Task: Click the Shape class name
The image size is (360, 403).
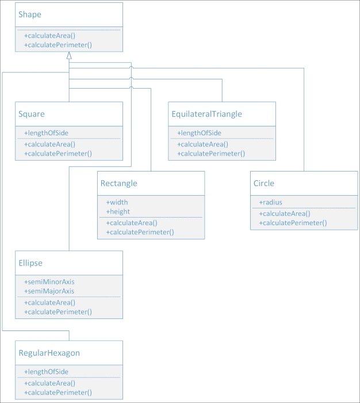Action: (30, 14)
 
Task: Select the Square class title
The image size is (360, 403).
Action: (32, 114)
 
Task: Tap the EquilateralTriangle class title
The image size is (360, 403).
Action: (206, 114)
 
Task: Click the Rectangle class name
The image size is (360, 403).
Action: (118, 184)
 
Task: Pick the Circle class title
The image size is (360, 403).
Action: (264, 184)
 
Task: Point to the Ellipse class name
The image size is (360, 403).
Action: (30, 263)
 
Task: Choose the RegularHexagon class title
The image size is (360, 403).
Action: (49, 353)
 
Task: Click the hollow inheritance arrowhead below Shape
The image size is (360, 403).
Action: (69, 56)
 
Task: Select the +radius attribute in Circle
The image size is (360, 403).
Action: (270, 202)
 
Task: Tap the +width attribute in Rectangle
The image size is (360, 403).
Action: (117, 202)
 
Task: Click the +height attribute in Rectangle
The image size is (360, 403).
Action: (118, 211)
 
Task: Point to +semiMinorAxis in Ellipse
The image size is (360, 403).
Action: (49, 282)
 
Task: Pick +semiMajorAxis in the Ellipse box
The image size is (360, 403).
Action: (49, 291)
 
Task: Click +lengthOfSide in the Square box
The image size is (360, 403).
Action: (46, 133)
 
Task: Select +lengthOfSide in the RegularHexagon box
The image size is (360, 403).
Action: (46, 371)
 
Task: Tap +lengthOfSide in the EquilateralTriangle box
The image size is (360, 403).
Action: (199, 133)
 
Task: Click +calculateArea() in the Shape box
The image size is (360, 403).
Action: (49, 36)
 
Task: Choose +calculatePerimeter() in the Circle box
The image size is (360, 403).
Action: (293, 223)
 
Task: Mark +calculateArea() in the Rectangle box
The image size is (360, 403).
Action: (132, 223)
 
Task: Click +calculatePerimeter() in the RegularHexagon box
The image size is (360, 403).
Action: (58, 392)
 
